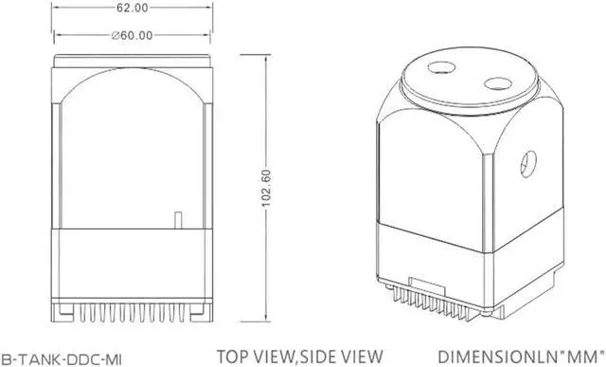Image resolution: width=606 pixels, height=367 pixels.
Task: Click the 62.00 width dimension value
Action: tap(133, 8)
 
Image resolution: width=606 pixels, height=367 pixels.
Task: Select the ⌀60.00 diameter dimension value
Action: tap(133, 35)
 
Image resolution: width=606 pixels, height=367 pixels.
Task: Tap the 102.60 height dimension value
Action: tap(266, 188)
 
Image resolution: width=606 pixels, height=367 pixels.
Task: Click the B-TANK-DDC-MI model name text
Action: tap(61, 358)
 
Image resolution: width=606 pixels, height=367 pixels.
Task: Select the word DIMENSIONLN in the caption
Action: tap(498, 357)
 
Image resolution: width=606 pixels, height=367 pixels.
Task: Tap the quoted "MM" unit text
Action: tap(582, 357)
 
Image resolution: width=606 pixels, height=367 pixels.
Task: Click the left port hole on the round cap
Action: tap(442, 67)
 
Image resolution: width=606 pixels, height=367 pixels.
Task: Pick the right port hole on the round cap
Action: tap(498, 83)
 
